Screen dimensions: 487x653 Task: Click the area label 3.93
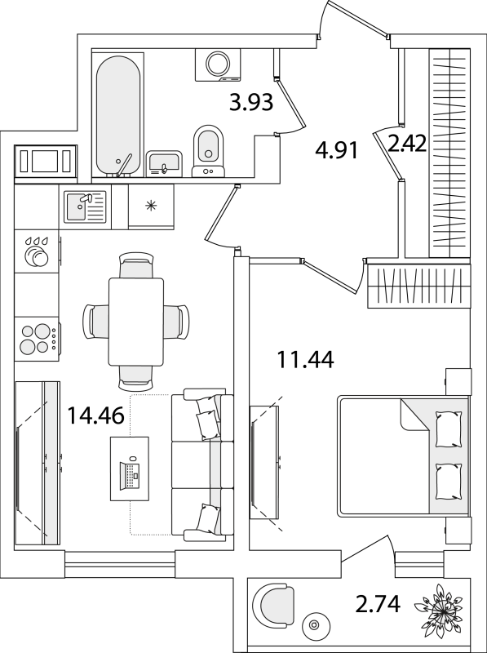251,103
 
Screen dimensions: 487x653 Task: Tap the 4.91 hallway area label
336,150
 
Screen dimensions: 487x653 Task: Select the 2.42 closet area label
407,144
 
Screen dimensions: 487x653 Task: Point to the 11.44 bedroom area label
306,360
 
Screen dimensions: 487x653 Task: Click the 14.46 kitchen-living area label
95,415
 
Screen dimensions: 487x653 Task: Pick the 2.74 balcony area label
378,604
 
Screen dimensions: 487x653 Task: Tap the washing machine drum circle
219,64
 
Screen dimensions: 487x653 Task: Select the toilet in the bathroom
208,151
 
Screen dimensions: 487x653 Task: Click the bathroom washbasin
164,164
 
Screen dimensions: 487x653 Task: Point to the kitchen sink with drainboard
85,207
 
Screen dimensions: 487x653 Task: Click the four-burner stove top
37,339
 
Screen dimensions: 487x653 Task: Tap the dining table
136,322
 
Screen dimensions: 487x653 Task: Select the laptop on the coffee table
130,473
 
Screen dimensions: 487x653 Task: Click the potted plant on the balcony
440,611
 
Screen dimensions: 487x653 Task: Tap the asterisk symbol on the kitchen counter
151,206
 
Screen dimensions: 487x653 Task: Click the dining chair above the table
136,265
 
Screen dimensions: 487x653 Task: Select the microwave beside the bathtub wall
46,162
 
